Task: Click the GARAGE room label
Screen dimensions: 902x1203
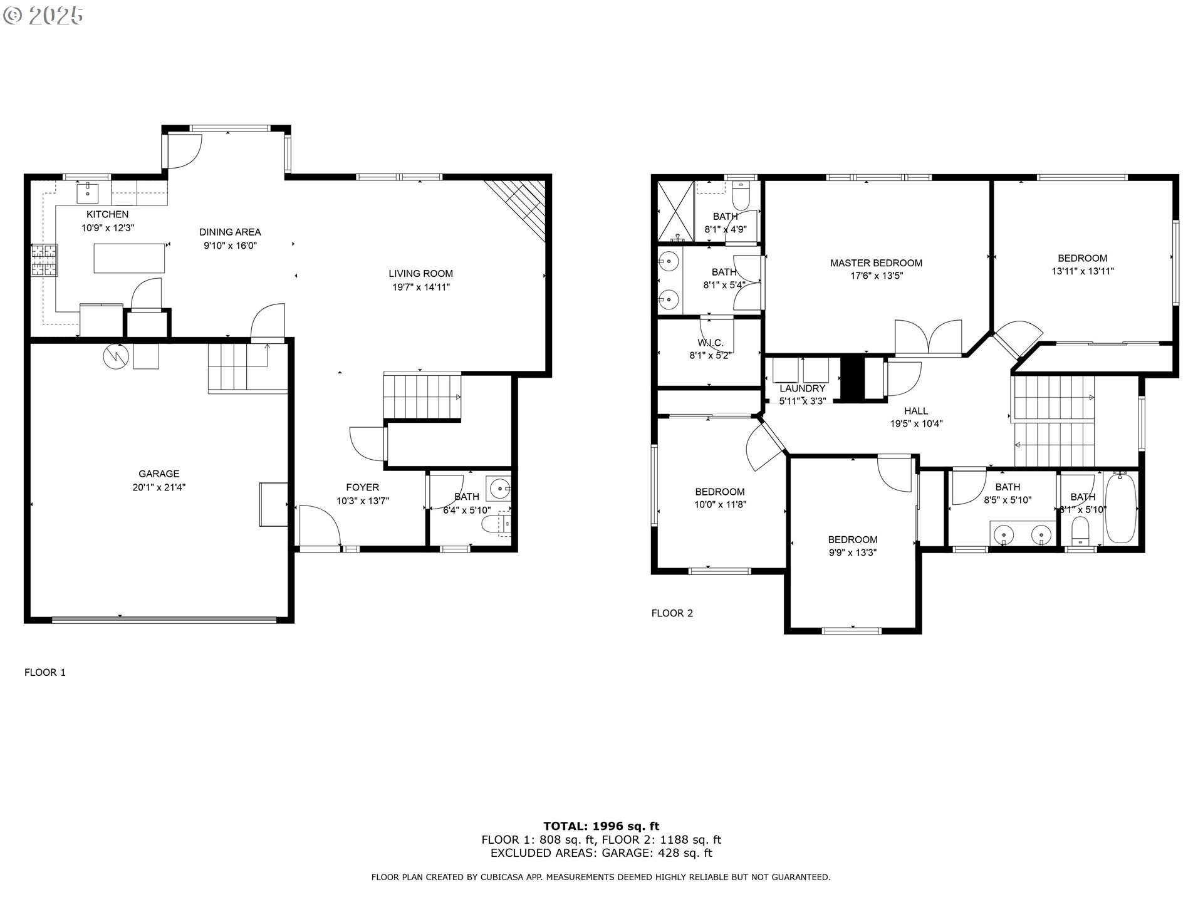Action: coord(159,474)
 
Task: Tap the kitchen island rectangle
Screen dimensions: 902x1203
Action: coord(129,258)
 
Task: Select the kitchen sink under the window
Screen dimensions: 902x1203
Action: coord(87,194)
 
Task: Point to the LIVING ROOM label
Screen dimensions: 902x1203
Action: coord(420,273)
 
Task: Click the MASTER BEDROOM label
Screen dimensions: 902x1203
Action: coord(876,262)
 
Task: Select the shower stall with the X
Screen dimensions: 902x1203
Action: coord(675,211)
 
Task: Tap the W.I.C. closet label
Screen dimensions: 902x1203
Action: coord(710,343)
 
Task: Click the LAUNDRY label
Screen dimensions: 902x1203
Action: coord(802,388)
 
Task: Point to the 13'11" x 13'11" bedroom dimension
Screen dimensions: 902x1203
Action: coord(1082,272)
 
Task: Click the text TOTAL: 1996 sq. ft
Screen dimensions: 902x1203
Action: coord(601,826)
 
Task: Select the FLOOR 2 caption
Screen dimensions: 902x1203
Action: coord(672,613)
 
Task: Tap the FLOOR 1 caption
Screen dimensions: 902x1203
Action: coord(45,673)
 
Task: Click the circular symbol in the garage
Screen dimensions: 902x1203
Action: coord(115,356)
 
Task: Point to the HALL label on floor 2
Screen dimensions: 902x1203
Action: coord(915,411)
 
